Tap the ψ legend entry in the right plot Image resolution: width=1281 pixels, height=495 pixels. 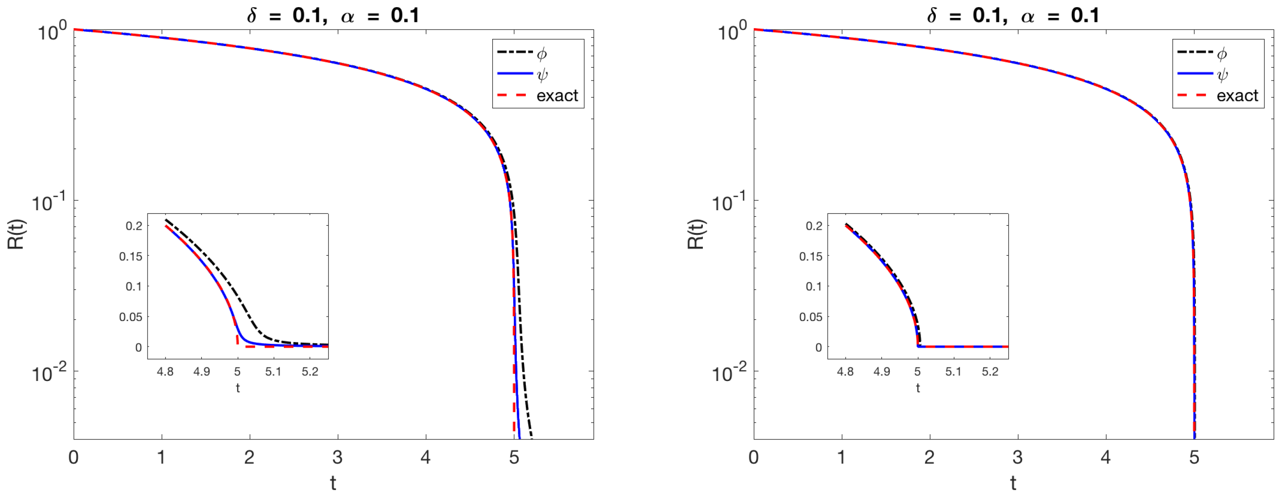tap(1222, 75)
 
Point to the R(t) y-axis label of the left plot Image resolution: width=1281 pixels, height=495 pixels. tap(17, 234)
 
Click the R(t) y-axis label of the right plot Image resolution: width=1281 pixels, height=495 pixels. tap(696, 234)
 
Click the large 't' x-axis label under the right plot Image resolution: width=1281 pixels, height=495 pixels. tap(1013, 482)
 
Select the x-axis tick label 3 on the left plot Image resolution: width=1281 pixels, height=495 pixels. tap(338, 457)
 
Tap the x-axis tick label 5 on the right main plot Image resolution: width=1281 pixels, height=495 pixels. tap(1194, 457)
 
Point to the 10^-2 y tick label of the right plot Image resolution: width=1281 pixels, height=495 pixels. tap(729, 372)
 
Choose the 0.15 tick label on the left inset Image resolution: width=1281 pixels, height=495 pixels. tap(130, 256)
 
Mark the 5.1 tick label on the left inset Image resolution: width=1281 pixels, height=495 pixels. tap(273, 372)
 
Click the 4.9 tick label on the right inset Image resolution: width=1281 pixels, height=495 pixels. tap(882, 372)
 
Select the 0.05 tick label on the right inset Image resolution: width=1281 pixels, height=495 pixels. tap(811, 317)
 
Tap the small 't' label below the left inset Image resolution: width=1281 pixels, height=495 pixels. tap(238, 388)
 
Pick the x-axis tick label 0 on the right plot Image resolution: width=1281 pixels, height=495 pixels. tap(753, 457)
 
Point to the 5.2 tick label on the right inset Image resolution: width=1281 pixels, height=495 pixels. tap(990, 372)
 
